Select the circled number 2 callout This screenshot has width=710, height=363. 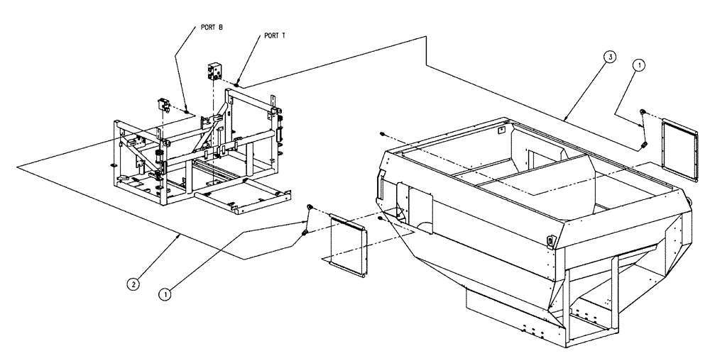pyautogui.click(x=133, y=284)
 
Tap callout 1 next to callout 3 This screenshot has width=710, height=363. pyautogui.click(x=639, y=65)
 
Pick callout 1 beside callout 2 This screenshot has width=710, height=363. pyautogui.click(x=165, y=291)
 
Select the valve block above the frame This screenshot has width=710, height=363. pyautogui.click(x=216, y=72)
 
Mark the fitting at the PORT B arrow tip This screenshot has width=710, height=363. pyautogui.click(x=186, y=111)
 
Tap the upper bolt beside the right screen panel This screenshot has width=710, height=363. pyautogui.click(x=643, y=113)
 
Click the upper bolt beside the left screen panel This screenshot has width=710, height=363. pyautogui.click(x=310, y=206)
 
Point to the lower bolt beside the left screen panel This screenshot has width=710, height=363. pyautogui.click(x=305, y=232)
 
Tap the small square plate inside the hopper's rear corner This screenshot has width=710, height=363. pyautogui.click(x=502, y=130)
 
